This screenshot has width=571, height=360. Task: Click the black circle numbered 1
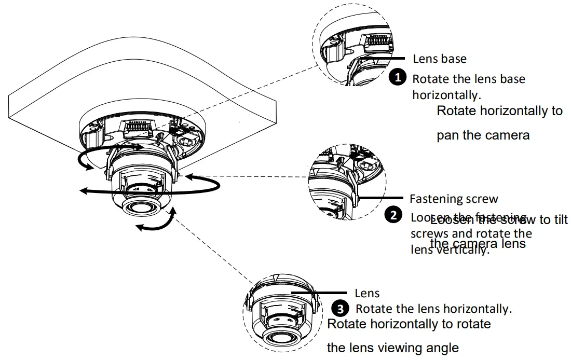[x=397, y=78]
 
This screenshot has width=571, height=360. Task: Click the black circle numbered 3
[x=340, y=309]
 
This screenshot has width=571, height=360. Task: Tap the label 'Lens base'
[x=440, y=59]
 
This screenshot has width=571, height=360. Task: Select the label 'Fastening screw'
[x=454, y=199]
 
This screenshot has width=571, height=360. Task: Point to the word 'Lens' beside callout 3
[x=367, y=294]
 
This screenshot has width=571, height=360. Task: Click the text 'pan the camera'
[x=483, y=135]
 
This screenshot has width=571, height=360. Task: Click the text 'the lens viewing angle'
[x=392, y=348]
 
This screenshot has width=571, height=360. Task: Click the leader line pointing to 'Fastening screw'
[x=382, y=198]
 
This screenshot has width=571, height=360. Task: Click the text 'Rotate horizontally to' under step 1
[x=499, y=110]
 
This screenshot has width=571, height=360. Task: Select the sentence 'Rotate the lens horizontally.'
[x=434, y=309]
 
